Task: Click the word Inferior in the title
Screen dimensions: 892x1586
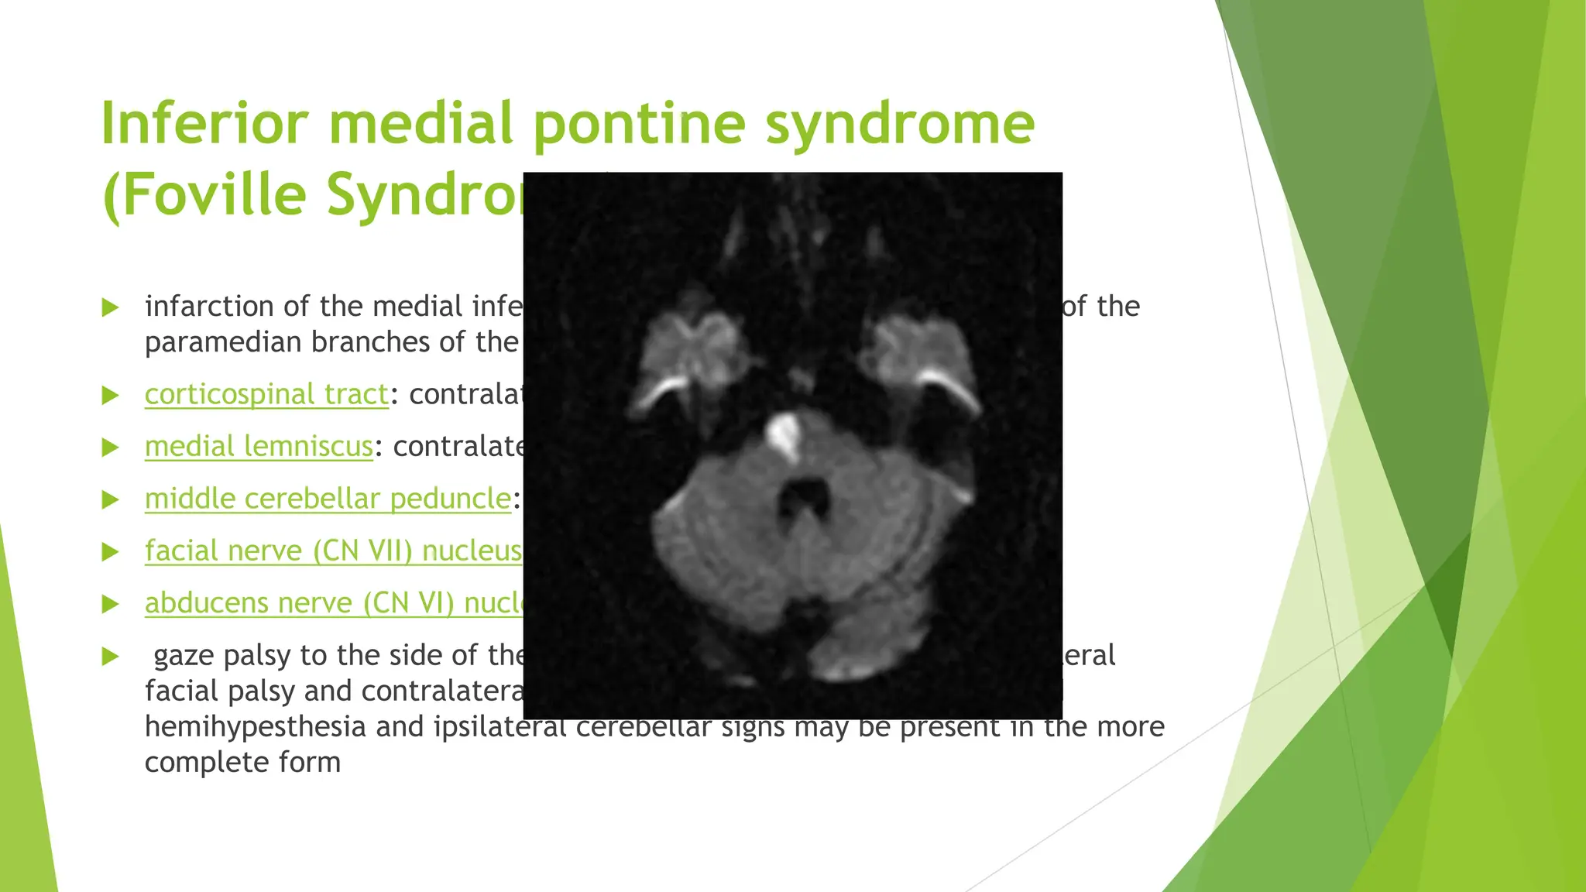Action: (205, 124)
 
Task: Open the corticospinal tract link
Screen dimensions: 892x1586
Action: (266, 395)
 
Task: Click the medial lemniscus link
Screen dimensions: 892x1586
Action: (259, 447)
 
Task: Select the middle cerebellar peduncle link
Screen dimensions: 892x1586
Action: (328, 499)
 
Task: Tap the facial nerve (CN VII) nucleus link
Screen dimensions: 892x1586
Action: (333, 551)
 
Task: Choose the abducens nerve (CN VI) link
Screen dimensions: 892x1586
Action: (333, 603)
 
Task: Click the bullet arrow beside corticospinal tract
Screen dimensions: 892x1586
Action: (111, 396)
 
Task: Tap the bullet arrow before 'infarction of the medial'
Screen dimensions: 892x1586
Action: (111, 307)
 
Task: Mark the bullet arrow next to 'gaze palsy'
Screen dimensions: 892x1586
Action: (111, 657)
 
